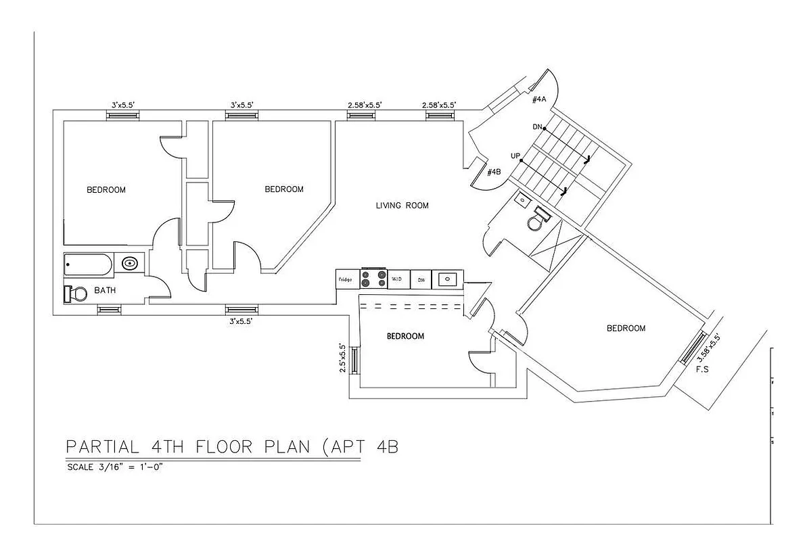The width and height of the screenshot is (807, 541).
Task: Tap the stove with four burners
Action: pyautogui.click(x=373, y=279)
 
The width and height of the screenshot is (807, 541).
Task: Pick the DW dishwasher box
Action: pyautogui.click(x=421, y=279)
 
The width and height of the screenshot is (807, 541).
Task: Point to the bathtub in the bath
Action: pyautogui.click(x=88, y=264)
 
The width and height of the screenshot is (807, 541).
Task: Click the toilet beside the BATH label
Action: pyautogui.click(x=76, y=294)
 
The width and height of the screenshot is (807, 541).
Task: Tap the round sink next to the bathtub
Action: pyautogui.click(x=130, y=263)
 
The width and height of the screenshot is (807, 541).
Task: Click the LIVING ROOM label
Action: pyautogui.click(x=402, y=206)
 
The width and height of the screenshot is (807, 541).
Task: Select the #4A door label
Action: pyautogui.click(x=538, y=99)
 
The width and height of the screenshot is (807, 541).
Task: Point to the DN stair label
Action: pyautogui.click(x=538, y=126)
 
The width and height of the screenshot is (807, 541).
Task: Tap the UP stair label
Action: pyautogui.click(x=515, y=156)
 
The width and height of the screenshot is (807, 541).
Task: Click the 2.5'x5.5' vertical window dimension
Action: pyautogui.click(x=343, y=358)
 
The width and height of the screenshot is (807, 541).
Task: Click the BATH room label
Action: pyautogui.click(x=104, y=291)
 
